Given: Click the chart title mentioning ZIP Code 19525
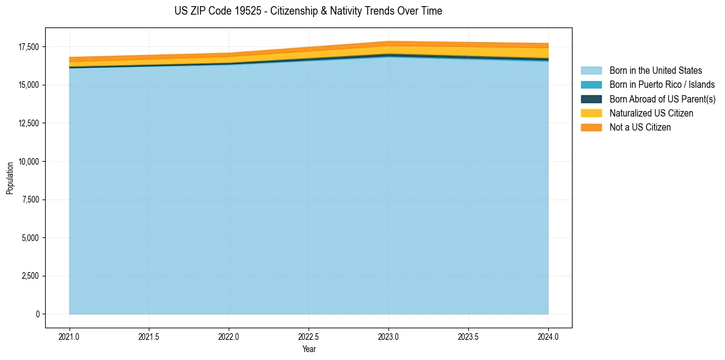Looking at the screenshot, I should click(x=308, y=11).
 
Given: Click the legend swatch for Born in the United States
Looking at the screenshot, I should click(x=591, y=71).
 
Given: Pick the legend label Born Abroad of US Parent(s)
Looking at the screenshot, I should click(x=662, y=99).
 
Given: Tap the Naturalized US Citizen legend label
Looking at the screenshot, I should click(x=651, y=113).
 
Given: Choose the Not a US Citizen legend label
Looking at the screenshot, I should click(x=640, y=128).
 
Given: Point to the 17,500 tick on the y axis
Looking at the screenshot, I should click(x=28, y=47).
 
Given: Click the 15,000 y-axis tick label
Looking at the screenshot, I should click(x=28, y=85).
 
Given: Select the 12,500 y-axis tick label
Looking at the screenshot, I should click(x=28, y=123).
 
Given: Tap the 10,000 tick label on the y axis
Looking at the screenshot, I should click(x=28, y=162).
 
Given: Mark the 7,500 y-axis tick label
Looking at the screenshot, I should click(x=30, y=200).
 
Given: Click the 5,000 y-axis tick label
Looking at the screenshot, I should click(x=30, y=238).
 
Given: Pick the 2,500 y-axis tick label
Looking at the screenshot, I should click(x=30, y=276).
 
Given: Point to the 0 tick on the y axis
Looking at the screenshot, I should click(x=37, y=314).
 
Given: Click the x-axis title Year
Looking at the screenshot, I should click(x=309, y=350).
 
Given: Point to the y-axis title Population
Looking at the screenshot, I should click(x=10, y=178).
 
